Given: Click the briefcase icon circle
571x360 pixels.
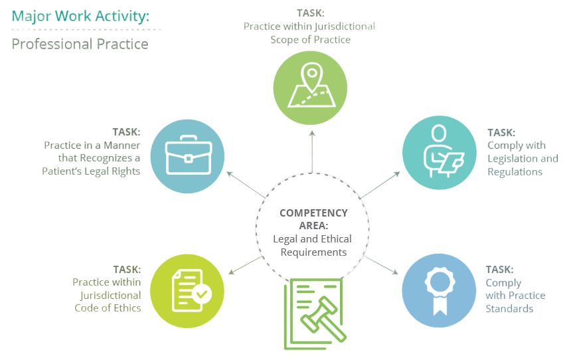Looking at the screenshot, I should click(189, 156).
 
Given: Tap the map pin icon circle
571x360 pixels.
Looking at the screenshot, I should click(311, 87).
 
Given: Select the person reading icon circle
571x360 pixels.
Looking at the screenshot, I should click(440, 153).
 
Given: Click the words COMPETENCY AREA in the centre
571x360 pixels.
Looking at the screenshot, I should click(313, 219).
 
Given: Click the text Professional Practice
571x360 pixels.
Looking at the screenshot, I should click(80, 45).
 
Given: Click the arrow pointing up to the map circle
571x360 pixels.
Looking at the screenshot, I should click(311, 150).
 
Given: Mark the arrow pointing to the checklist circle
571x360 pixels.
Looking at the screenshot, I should click(242, 266).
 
